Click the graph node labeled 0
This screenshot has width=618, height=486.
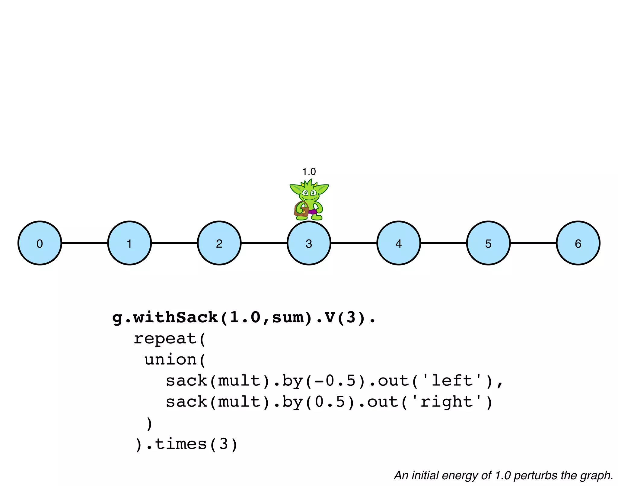40,243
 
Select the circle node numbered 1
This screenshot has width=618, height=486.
129,243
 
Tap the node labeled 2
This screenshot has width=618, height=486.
219,243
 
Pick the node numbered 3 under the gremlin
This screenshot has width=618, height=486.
309,243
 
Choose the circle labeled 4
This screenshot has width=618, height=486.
399,243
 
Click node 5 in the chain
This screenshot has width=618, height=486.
489,243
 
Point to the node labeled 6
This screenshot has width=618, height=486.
578,243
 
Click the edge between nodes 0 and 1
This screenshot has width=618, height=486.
84,243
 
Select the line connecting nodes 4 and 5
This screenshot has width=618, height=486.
444,243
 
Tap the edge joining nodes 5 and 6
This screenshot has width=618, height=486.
533,243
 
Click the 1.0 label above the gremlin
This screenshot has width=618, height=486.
309,172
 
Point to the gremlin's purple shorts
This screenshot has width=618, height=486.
313,211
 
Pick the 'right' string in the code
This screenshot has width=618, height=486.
447,402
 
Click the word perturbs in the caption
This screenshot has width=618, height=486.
536,475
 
